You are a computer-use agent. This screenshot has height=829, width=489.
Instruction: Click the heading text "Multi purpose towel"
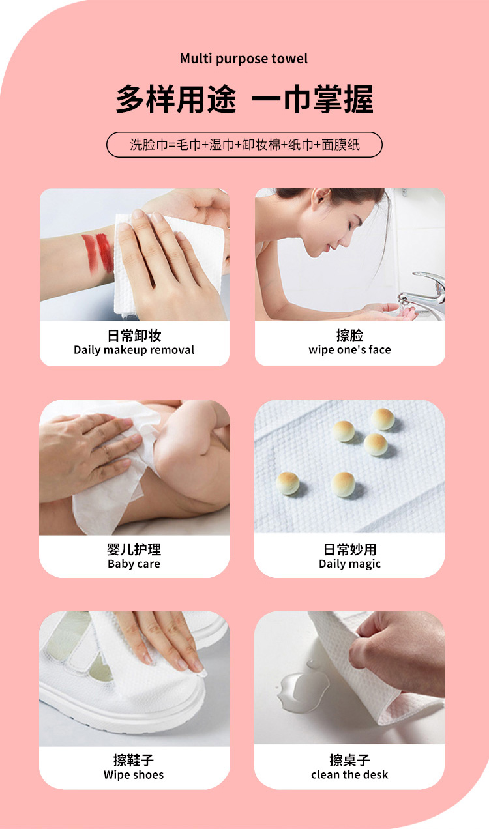pos(244,59)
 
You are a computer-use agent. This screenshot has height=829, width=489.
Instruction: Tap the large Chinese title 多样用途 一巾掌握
pos(244,99)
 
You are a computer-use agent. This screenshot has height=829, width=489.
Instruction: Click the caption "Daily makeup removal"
pos(134,350)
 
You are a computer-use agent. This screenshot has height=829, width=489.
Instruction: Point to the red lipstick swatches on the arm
pos(98,254)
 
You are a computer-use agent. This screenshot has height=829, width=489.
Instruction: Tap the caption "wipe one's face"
pos(350,350)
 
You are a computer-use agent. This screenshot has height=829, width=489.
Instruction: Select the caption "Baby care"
pos(134,564)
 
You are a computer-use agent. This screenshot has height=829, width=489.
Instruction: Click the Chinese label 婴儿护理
pos(134,549)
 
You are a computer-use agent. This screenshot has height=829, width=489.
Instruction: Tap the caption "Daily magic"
pos(350,564)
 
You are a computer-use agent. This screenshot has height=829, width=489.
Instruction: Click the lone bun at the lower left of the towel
pos(288,484)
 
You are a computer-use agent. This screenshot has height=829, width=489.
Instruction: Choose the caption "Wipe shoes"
pos(134,775)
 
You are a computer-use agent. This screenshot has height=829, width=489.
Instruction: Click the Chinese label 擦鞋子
pos(134,761)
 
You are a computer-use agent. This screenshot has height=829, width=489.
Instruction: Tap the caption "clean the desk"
pos(349,775)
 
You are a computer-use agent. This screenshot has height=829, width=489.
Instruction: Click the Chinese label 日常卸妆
pos(134,336)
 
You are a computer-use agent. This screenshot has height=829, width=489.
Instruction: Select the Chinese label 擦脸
pos(350,336)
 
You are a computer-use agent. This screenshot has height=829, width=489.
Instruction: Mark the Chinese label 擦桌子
pos(349,761)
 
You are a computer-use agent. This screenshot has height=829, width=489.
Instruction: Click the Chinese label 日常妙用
pos(350,549)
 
